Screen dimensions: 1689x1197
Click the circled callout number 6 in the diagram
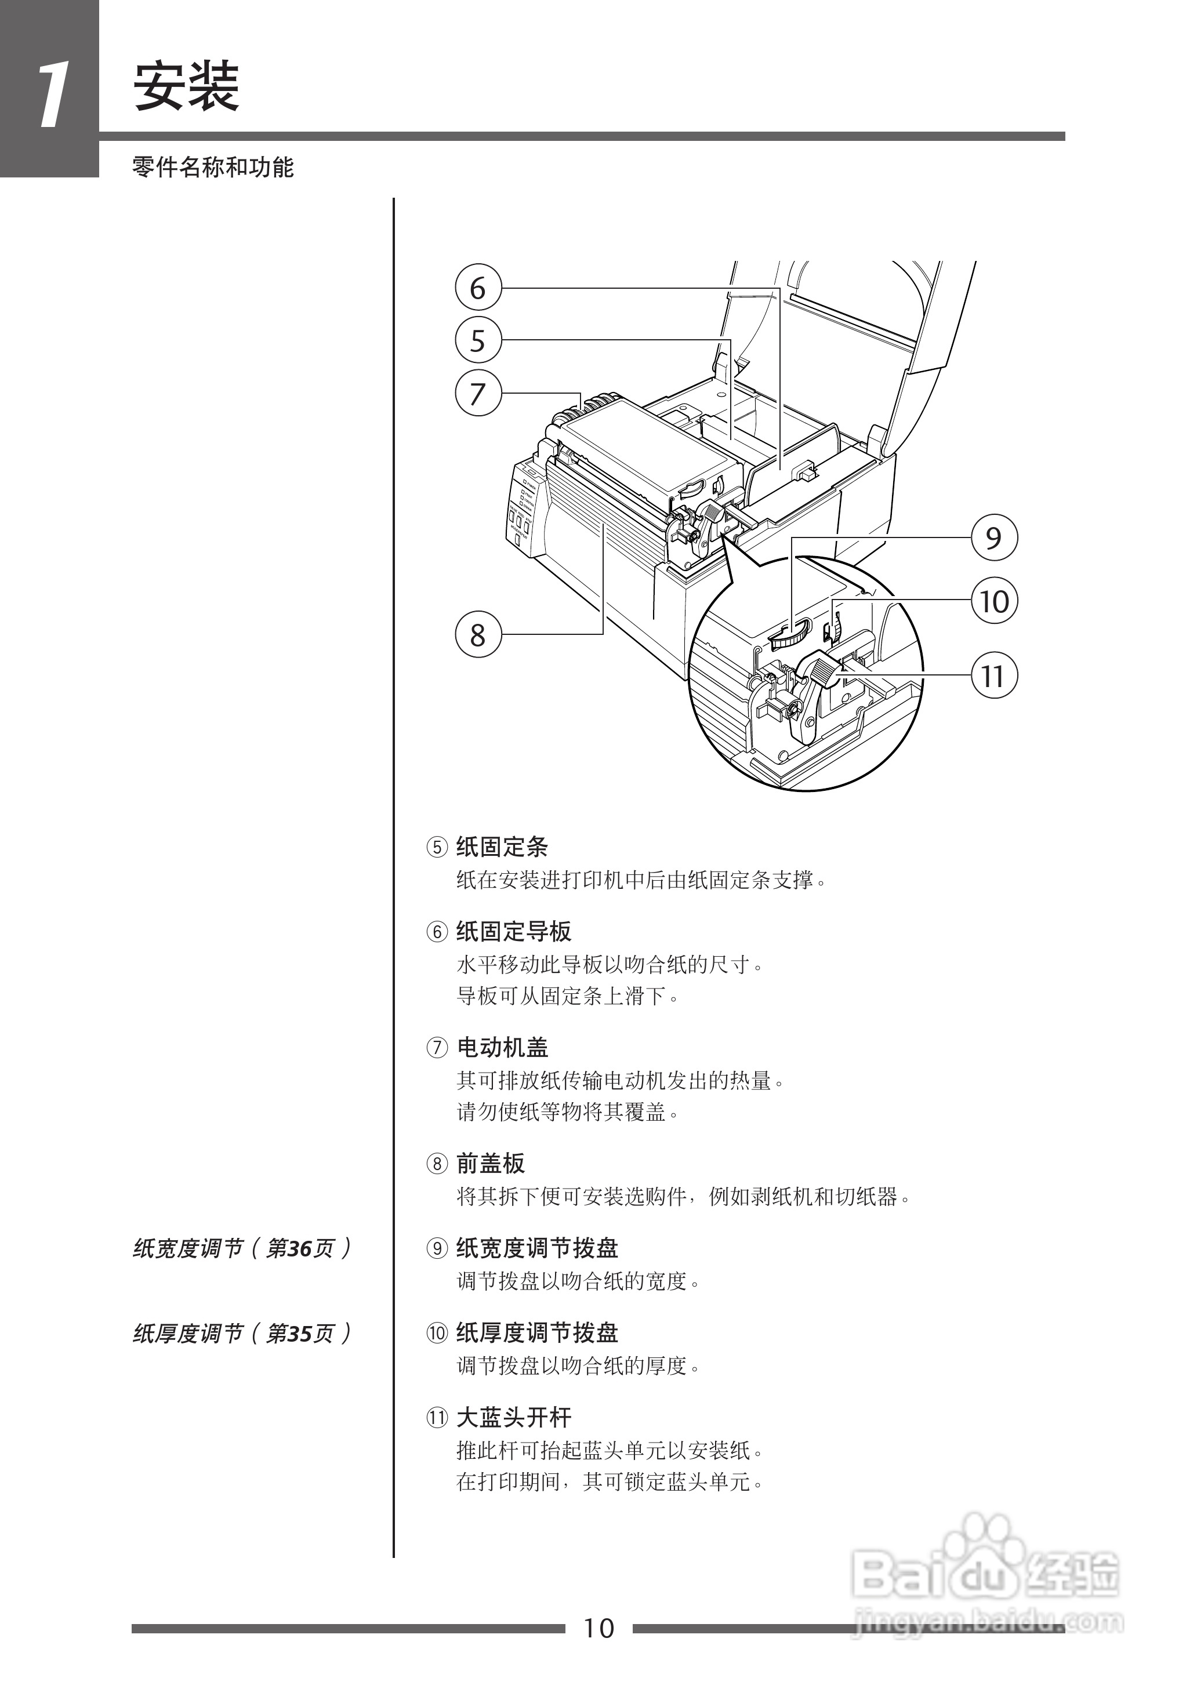[x=478, y=288]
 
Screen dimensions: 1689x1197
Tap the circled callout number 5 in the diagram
[x=478, y=340]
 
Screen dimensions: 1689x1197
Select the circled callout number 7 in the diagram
[x=478, y=394]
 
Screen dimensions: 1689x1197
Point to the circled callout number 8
[x=478, y=634]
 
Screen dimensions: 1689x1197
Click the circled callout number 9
[x=993, y=538]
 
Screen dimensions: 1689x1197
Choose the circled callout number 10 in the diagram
[x=993, y=601]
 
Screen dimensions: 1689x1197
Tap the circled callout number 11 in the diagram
[x=993, y=675]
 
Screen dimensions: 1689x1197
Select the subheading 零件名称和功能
[x=213, y=168]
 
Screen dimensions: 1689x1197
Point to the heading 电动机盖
[x=502, y=1047]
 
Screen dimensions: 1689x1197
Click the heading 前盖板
[x=490, y=1164]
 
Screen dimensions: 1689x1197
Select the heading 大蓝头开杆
[x=514, y=1417]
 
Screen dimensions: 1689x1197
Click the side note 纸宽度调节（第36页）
[x=242, y=1248]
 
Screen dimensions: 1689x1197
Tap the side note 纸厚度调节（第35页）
[x=242, y=1333]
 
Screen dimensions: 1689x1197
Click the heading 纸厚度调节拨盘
[x=536, y=1332]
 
